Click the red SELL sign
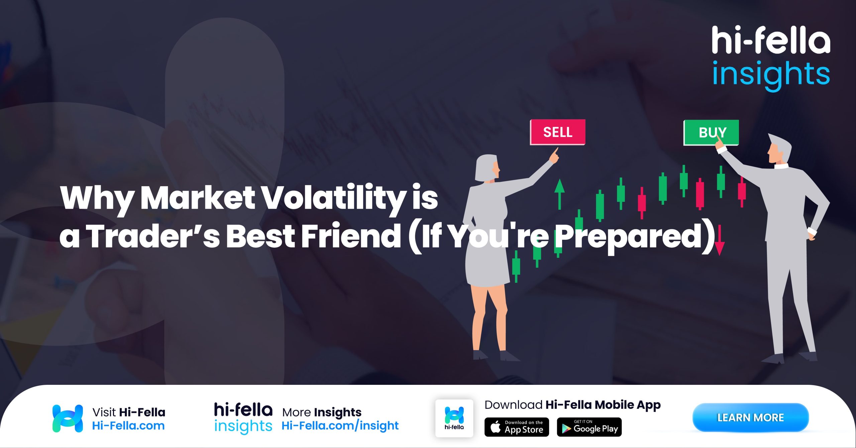click(x=557, y=132)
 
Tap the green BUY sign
click(x=711, y=132)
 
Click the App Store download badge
click(x=517, y=427)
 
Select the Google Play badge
click(x=589, y=427)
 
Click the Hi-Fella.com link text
click(x=128, y=426)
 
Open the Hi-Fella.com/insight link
click(x=340, y=426)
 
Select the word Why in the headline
click(x=97, y=198)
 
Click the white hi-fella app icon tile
click(x=454, y=418)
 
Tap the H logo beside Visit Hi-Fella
click(x=68, y=418)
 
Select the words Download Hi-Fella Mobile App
click(x=572, y=405)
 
